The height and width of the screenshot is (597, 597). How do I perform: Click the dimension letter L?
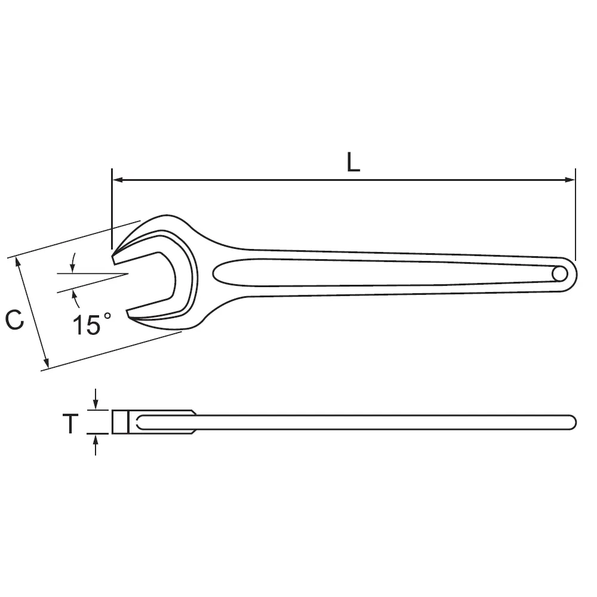(353, 162)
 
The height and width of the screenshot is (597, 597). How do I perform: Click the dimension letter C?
(14, 320)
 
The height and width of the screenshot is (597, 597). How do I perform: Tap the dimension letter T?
(70, 423)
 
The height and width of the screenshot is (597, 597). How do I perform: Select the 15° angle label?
(92, 324)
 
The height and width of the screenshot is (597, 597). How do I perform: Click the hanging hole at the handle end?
(560, 274)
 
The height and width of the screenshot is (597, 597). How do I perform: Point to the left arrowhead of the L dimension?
(116, 180)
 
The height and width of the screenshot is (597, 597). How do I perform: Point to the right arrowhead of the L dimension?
(570, 180)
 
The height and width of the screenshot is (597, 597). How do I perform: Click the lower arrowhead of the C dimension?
(46, 363)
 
